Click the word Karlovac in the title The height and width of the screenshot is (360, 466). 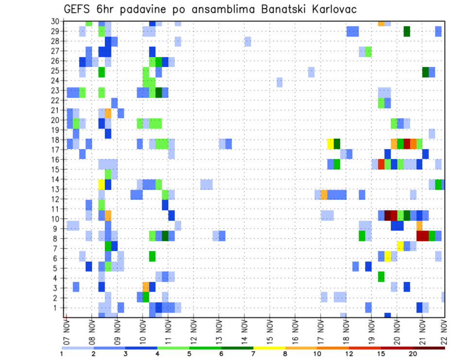click(329, 9)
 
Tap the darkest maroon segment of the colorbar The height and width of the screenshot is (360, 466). click(429, 348)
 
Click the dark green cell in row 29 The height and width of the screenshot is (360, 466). click(406, 32)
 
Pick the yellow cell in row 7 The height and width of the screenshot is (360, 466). click(400, 246)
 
